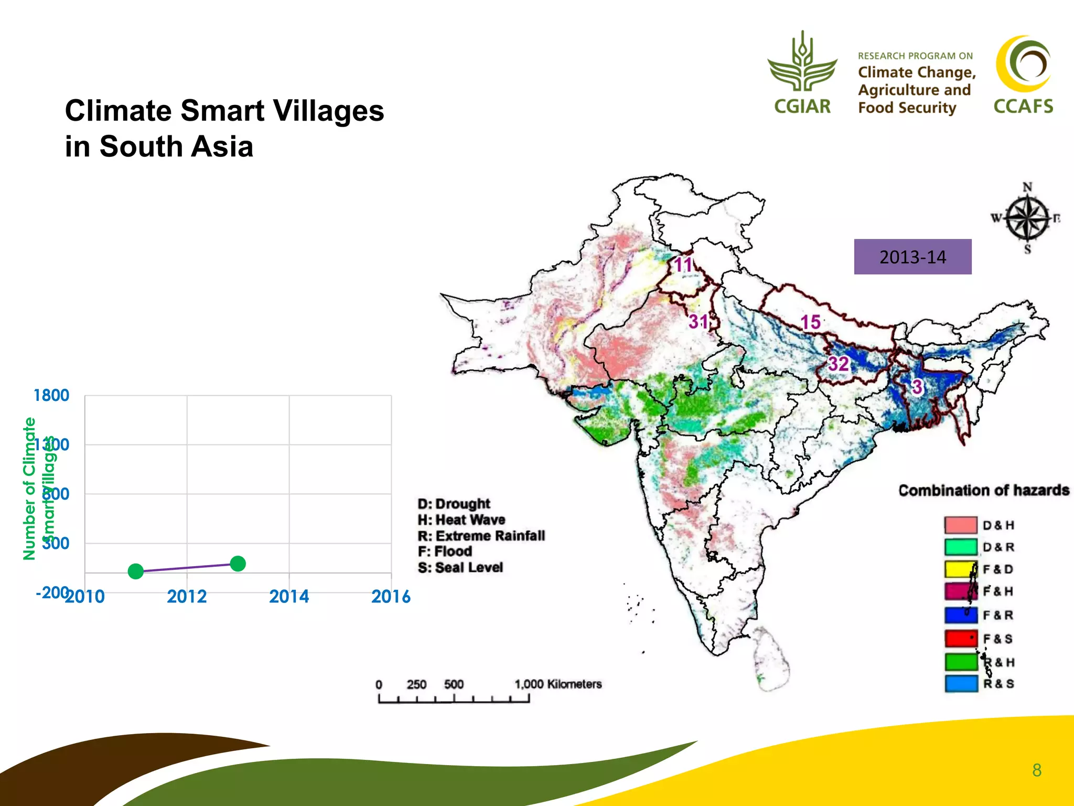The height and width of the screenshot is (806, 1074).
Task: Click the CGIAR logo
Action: pos(802,73)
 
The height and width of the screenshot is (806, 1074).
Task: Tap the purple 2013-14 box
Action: pos(912,257)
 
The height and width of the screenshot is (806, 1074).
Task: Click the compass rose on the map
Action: pos(1027,218)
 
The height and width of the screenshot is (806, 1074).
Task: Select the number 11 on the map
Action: pos(683,264)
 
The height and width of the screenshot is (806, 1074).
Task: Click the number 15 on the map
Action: pos(810,322)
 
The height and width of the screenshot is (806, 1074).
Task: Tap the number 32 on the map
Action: pos(838,364)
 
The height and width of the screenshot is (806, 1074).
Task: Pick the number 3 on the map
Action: pos(916,387)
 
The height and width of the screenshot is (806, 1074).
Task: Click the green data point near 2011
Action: pos(136,571)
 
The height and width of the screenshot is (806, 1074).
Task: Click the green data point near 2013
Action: pos(238,564)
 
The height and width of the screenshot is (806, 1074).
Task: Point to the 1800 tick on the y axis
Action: pos(51,395)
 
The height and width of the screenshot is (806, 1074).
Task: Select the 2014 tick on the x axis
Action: pos(289,597)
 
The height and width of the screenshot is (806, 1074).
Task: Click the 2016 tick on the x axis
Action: pos(391,597)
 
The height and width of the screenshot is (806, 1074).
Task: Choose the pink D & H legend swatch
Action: pos(960,525)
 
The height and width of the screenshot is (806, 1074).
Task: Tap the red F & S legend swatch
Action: pos(960,639)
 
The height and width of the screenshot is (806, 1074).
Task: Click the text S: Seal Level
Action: pos(460,567)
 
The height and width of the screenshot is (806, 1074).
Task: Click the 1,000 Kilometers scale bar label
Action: pos(557,684)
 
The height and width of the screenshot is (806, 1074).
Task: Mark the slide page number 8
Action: pos(1036,770)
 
